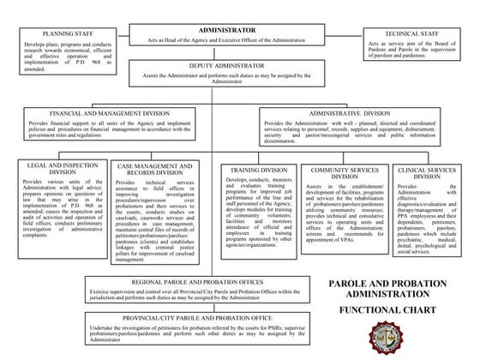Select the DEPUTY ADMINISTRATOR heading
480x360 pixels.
232,65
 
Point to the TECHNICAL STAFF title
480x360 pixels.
414,32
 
